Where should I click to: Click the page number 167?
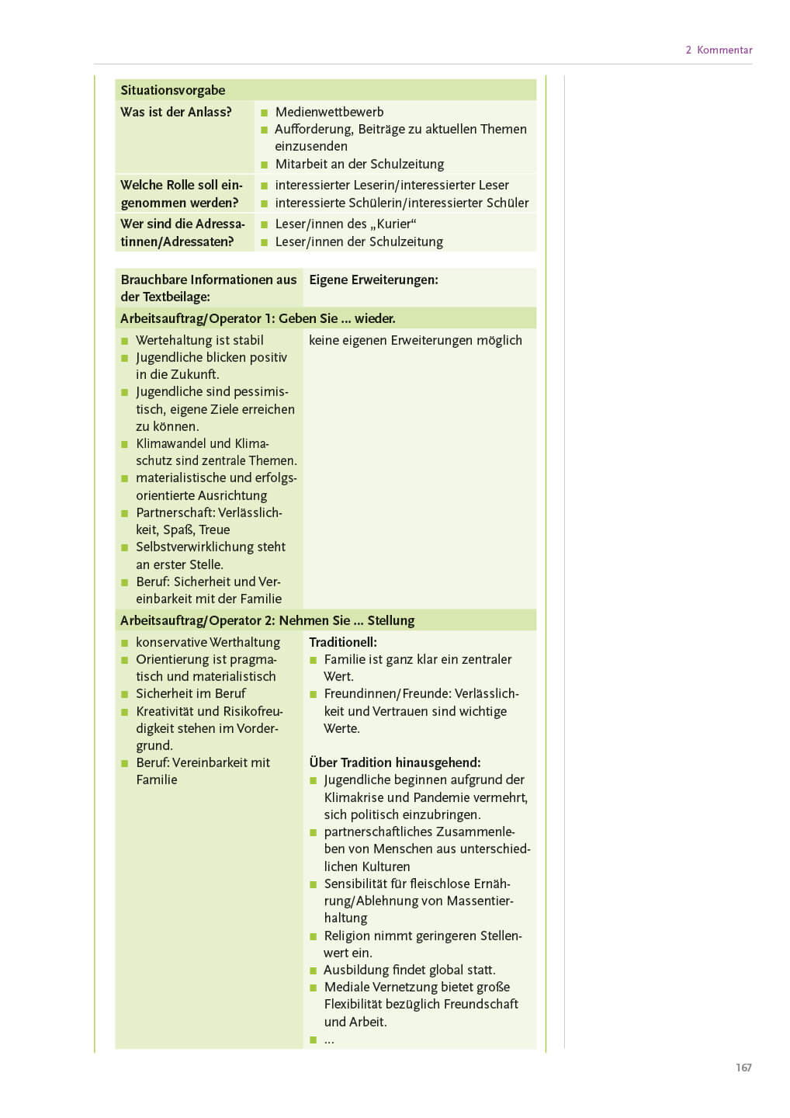[x=743, y=1068]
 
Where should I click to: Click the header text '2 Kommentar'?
[x=719, y=50]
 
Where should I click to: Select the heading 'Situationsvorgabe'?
[x=172, y=90]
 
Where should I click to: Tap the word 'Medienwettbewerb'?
[x=329, y=112]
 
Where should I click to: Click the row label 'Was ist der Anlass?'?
[x=176, y=112]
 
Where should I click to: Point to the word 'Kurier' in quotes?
[x=397, y=224]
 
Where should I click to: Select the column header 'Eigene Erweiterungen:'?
[x=373, y=279]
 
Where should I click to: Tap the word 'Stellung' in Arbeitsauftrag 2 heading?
[x=391, y=620]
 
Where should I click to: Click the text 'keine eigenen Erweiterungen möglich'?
[x=415, y=340]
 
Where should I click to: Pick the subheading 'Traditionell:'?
[x=343, y=642]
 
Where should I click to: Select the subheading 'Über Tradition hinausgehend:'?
[x=394, y=762]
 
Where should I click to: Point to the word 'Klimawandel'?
[x=171, y=443]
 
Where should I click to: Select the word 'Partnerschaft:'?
[x=175, y=512]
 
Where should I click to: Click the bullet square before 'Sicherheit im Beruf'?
[x=124, y=694]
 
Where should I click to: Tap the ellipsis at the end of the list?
[x=329, y=1040]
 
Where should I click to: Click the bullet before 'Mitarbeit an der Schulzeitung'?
[x=264, y=165]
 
